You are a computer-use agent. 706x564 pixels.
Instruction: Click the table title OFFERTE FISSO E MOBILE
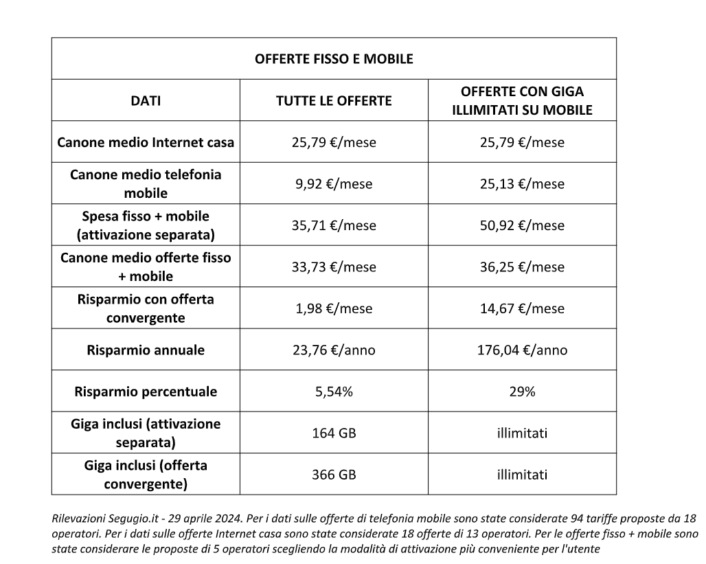[x=334, y=59]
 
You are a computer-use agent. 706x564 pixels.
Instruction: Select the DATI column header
[x=146, y=101]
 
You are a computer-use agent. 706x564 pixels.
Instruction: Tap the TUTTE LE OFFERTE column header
[x=334, y=101]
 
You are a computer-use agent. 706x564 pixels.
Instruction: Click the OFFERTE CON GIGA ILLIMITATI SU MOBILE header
[x=522, y=100]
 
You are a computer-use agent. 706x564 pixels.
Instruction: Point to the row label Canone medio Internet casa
[x=146, y=143]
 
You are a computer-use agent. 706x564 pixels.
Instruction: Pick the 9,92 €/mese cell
[x=334, y=184]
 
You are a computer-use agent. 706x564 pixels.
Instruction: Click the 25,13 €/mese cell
[x=522, y=184]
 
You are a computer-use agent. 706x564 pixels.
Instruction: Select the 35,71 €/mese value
[x=334, y=225]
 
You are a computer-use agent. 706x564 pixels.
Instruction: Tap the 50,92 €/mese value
[x=522, y=225]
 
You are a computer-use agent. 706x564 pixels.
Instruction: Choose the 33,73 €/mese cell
[x=334, y=267]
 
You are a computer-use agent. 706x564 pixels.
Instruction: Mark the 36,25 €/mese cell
[x=522, y=267]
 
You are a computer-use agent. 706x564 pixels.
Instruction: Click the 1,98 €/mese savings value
[x=334, y=308]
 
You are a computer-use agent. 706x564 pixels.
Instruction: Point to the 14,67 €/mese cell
[x=522, y=308]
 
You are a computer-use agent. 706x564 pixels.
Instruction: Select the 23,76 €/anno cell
[x=334, y=350]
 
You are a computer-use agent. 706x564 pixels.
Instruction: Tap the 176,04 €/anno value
[x=522, y=350]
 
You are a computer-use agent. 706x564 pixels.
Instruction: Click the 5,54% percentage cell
[x=334, y=392]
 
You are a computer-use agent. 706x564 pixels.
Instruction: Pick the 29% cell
[x=522, y=392]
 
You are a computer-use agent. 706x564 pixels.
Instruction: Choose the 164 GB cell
[x=334, y=433]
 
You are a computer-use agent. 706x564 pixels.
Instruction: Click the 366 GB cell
[x=334, y=475]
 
